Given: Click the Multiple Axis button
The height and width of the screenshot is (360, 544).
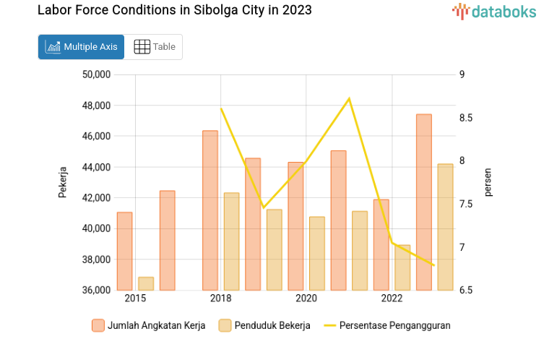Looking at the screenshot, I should pyautogui.click(x=81, y=47).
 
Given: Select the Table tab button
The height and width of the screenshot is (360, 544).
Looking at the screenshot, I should pyautogui.click(x=155, y=47).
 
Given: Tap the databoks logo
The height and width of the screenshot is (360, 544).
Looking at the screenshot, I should pyautogui.click(x=495, y=11).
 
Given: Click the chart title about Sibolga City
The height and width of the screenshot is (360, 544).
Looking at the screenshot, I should pyautogui.click(x=174, y=11).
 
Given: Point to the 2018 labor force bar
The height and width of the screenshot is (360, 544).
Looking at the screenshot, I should pyautogui.click(x=210, y=210).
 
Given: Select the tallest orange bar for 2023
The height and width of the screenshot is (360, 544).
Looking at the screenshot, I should pyautogui.click(x=424, y=202).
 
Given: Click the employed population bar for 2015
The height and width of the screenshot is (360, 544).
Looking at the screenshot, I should pyautogui.click(x=146, y=283).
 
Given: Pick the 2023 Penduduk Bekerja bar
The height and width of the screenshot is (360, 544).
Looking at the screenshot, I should pyautogui.click(x=445, y=227).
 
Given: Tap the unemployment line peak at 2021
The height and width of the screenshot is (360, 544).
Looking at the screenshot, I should pyautogui.click(x=349, y=98).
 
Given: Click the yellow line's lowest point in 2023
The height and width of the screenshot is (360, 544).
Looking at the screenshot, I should pyautogui.click(x=434, y=265).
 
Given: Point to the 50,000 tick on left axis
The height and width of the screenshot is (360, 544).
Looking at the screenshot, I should pyautogui.click(x=95, y=74).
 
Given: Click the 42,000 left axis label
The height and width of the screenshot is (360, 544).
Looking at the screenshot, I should pyautogui.click(x=95, y=198).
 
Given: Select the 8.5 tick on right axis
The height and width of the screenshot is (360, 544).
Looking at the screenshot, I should pyautogui.click(x=467, y=118).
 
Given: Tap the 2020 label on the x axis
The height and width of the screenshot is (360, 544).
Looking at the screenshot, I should pyautogui.click(x=306, y=299).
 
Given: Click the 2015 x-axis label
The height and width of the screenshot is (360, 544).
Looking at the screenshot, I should pyautogui.click(x=135, y=299).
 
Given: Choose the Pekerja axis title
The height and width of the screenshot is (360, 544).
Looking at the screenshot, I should pyautogui.click(x=63, y=182).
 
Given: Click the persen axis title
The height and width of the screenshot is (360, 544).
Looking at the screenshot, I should pyautogui.click(x=488, y=182).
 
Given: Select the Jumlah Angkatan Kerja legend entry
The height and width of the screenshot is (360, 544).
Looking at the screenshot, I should pyautogui.click(x=149, y=325).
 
